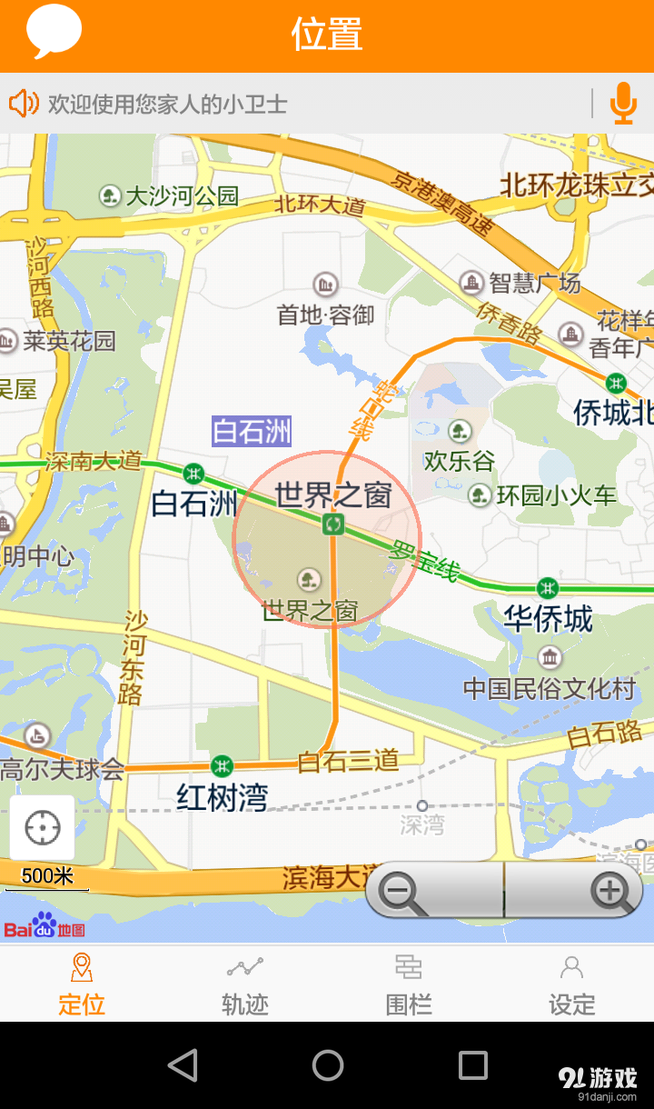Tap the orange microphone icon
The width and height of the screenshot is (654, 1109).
pyautogui.click(x=623, y=103)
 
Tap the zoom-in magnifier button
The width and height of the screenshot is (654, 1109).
pyautogui.click(x=610, y=892)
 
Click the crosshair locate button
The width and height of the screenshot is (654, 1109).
pyautogui.click(x=43, y=827)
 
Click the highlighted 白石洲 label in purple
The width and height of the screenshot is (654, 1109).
pyautogui.click(x=252, y=431)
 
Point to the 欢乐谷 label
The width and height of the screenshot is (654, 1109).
pyautogui.click(x=460, y=460)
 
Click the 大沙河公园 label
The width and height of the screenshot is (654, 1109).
pyautogui.click(x=182, y=195)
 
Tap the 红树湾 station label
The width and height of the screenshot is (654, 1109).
pyautogui.click(x=223, y=797)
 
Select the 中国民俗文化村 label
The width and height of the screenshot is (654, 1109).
pyautogui.click(x=550, y=688)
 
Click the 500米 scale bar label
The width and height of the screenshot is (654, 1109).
pyautogui.click(x=47, y=876)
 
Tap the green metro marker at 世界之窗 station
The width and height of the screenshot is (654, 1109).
pyautogui.click(x=333, y=524)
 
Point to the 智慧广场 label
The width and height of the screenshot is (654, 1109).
pyautogui.click(x=534, y=284)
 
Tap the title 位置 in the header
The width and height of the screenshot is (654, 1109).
pyautogui.click(x=327, y=35)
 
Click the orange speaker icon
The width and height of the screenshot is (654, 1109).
pyautogui.click(x=24, y=104)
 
